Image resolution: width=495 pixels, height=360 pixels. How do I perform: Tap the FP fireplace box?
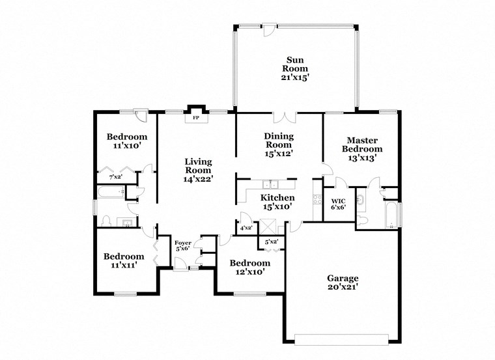pos(195,118)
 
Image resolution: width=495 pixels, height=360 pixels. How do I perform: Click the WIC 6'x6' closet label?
pos(338,204)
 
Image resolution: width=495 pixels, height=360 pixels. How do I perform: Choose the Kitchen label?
pos(278,198)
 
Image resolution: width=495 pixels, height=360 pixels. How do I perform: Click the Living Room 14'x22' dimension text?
pos(199,177)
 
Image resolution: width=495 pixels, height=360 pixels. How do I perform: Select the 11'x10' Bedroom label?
pos(127,141)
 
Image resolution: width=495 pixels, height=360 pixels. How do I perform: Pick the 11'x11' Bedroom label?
pos(124,261)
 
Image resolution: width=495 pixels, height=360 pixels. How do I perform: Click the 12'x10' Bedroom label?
pos(247,268)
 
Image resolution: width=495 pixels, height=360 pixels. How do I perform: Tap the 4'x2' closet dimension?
pos(246,228)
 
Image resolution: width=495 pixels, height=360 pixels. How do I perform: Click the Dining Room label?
pos(278,145)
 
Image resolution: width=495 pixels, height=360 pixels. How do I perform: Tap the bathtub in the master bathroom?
pos(391,217)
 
